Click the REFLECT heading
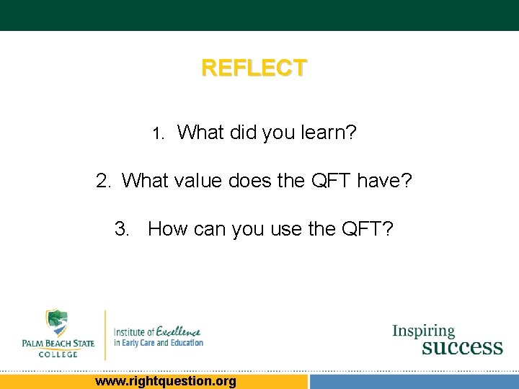254,68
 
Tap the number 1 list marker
159,134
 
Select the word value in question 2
198,181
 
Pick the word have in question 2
388,181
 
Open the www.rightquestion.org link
165,381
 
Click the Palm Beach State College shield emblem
58,323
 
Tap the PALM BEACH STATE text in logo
58,344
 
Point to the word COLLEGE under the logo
58,354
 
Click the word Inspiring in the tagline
424,331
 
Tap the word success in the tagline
461,347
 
